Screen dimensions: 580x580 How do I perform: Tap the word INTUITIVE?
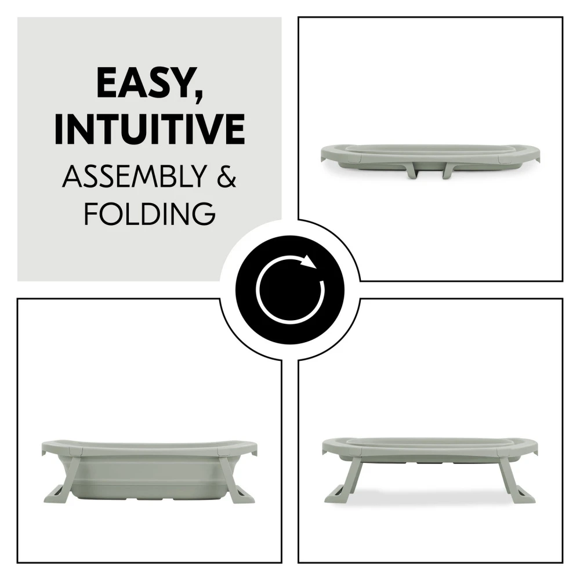coord(150,129)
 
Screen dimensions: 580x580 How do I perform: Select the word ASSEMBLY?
coord(134,177)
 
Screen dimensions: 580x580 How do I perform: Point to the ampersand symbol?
coord(224,177)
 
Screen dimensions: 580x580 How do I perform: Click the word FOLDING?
coord(150,213)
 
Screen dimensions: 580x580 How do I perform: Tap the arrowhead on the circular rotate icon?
coord(308,261)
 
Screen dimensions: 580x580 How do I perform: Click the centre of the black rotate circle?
coord(290,289)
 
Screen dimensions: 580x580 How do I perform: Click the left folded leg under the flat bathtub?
coord(412,171)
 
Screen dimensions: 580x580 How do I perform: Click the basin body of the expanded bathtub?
coord(150,477)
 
